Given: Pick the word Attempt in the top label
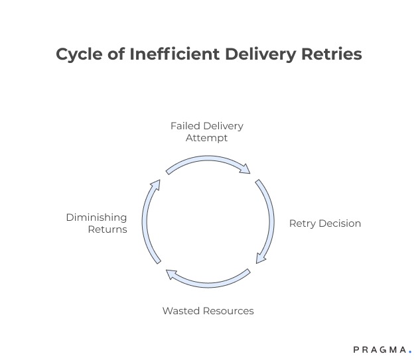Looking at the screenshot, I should pyautogui.click(x=206, y=138).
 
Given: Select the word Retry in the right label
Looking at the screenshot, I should pyautogui.click(x=303, y=223).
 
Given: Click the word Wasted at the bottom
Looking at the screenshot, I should pyautogui.click(x=180, y=310).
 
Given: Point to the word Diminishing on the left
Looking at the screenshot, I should pyautogui.click(x=96, y=217).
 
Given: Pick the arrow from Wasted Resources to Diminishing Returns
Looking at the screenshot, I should pyautogui.click(x=208, y=281).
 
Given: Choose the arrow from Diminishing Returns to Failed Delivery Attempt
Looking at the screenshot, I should pyautogui.click(x=149, y=221).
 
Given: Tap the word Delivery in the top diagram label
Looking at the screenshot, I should pyautogui.click(x=222, y=126).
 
